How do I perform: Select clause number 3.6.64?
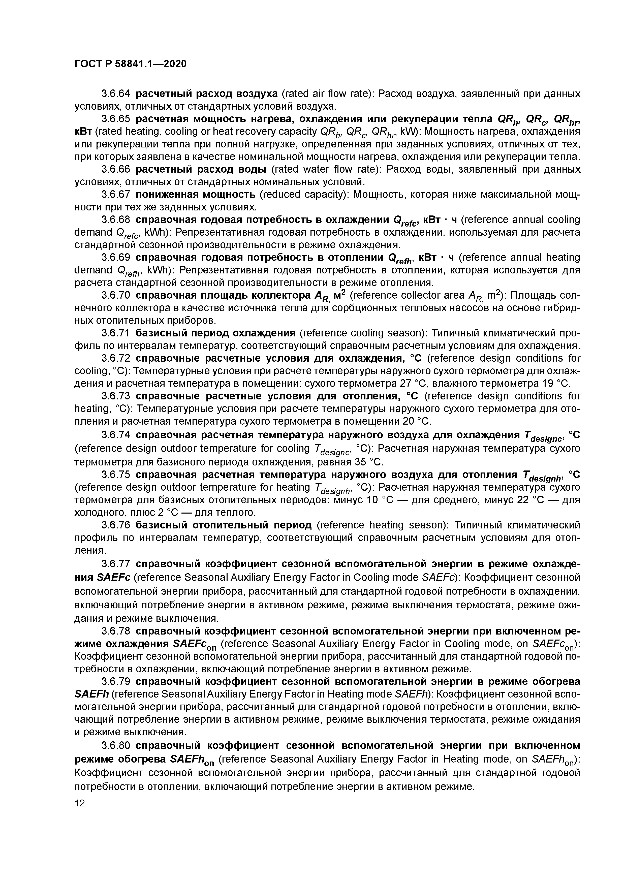pyautogui.click(x=116, y=94)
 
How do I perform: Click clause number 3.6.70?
pyautogui.click(x=116, y=295)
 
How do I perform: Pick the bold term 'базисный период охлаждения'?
pyautogui.click(x=216, y=333)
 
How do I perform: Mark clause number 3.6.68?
pyautogui.click(x=116, y=220)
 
